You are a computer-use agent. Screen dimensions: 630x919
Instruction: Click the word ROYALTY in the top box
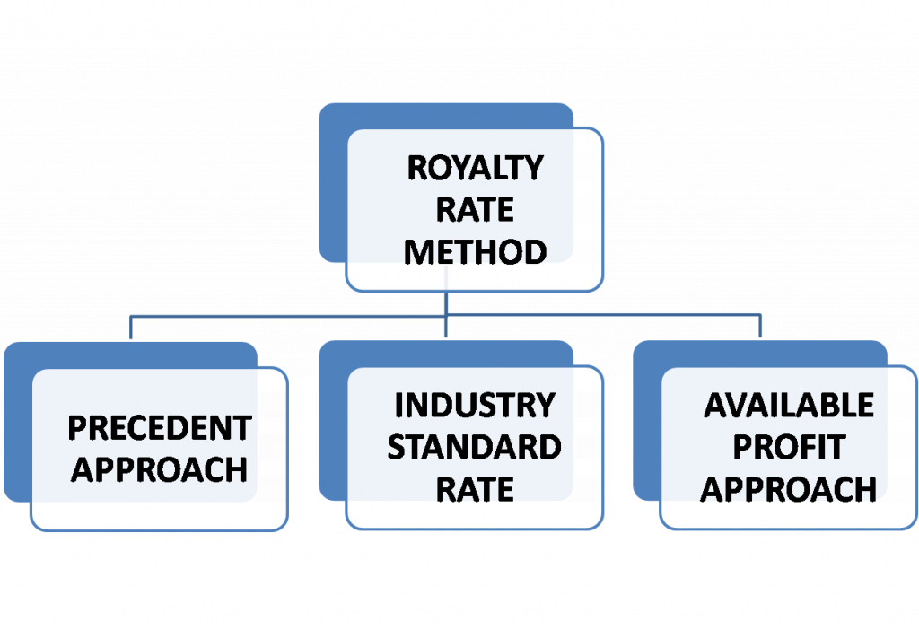(x=475, y=168)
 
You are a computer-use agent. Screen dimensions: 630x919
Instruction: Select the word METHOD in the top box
(x=475, y=252)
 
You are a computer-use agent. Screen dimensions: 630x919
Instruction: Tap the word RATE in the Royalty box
(x=475, y=210)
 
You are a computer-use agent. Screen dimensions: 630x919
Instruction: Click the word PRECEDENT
(x=159, y=428)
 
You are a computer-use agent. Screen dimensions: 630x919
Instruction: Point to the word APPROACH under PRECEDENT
(x=159, y=469)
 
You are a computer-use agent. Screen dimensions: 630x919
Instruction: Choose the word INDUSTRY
(x=475, y=406)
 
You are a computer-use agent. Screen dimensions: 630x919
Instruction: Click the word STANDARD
(x=475, y=447)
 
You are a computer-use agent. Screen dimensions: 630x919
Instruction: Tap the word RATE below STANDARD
(x=475, y=489)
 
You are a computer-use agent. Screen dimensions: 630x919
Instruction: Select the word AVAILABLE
(x=789, y=406)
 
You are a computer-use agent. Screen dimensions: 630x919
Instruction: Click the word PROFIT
(x=789, y=447)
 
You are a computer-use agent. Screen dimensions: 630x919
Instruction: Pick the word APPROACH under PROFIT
(x=789, y=489)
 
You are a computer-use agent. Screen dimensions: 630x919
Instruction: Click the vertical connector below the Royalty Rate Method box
(x=446, y=303)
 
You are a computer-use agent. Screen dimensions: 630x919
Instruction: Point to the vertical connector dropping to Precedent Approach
(x=131, y=327)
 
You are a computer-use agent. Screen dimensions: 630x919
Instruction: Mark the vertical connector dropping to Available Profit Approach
(x=761, y=327)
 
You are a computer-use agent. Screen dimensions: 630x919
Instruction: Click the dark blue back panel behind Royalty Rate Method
(x=332, y=179)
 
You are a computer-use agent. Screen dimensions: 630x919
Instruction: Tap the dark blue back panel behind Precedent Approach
(x=17, y=422)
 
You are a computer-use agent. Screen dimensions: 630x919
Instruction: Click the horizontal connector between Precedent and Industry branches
(x=287, y=315)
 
